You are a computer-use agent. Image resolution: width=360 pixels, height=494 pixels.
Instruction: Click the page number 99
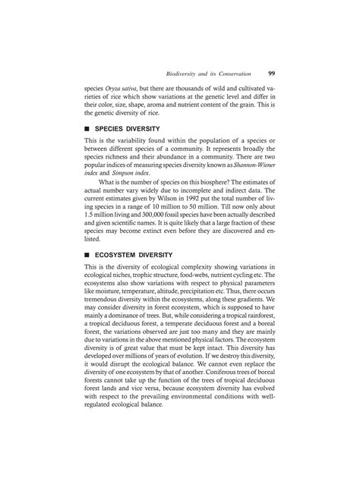coord(271,74)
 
